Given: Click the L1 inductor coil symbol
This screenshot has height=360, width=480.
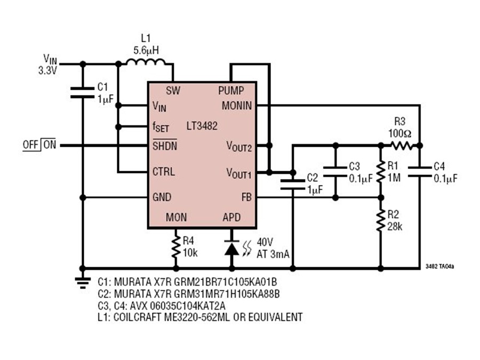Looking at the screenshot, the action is coord(146,61).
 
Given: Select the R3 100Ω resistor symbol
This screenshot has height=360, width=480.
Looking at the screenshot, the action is coord(401,146).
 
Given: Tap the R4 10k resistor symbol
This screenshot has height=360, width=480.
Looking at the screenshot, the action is coord(176,247).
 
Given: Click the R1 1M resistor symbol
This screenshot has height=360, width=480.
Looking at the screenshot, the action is coord(380,172).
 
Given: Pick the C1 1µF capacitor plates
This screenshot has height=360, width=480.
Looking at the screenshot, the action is coord(82,92).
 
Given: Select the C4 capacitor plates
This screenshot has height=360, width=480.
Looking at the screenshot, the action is coord(420,172).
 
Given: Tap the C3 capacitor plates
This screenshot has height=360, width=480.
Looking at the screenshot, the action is coord(335,172).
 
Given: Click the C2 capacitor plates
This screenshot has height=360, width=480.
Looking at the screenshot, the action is coord(293,185).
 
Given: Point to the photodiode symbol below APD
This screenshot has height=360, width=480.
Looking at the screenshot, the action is coord(232,248).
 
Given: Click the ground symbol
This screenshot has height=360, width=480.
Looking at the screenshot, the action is coord(83,283).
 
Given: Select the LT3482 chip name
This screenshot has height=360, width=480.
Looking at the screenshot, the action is coord(202,126).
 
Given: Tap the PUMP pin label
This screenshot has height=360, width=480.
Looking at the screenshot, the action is coord(231,91).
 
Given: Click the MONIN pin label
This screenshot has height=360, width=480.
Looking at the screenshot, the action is coord(237,106).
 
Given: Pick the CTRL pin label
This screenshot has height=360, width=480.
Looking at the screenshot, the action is coord(164,171).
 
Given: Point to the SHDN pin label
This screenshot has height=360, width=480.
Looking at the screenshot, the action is coord(165,146).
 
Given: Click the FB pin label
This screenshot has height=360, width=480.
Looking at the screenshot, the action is coord(247,197).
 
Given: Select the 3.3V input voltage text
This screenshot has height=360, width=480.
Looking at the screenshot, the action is coord(48,71).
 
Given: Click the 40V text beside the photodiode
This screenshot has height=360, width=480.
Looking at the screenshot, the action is coord(265,242).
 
